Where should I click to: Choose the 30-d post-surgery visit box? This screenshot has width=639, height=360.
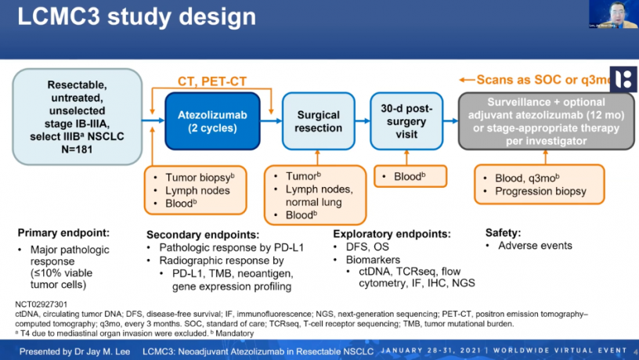tap(406, 121)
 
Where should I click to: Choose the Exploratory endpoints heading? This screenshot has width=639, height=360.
tap(392, 233)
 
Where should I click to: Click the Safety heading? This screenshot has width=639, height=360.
tap(503, 232)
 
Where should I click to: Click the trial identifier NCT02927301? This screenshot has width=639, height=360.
tap(39, 303)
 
